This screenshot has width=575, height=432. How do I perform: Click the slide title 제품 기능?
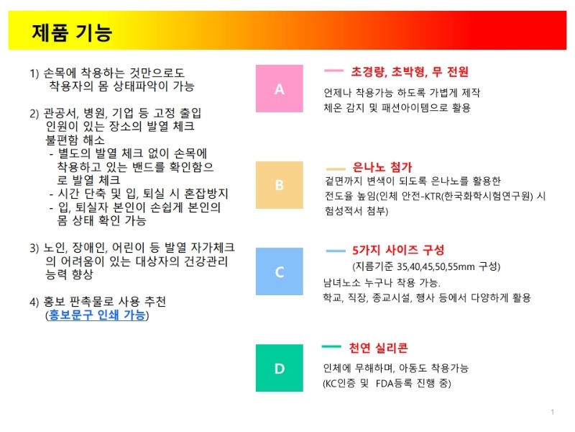click(x=72, y=32)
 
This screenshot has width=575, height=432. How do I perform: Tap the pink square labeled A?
click(x=280, y=89)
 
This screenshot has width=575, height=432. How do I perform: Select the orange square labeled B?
click(x=280, y=185)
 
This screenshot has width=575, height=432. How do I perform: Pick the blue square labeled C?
click(x=280, y=271)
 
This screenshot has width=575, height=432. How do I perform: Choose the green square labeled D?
click(x=280, y=368)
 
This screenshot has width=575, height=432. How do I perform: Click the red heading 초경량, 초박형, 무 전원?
click(x=410, y=71)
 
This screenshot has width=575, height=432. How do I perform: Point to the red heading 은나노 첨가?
click(x=382, y=167)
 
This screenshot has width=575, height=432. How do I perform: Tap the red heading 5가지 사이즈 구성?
click(x=398, y=250)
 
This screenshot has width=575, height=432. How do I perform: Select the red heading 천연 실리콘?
click(x=378, y=348)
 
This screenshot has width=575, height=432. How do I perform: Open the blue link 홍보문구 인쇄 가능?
click(x=97, y=315)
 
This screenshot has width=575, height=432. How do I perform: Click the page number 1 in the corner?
click(x=552, y=412)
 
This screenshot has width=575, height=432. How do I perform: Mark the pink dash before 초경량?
click(x=333, y=71)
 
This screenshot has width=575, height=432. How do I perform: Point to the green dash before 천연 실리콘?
click(x=331, y=346)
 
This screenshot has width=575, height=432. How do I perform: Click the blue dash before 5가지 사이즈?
click(x=336, y=251)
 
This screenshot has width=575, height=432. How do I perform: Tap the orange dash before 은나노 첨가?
click(x=336, y=169)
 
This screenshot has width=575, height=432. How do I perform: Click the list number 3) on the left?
click(x=34, y=248)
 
